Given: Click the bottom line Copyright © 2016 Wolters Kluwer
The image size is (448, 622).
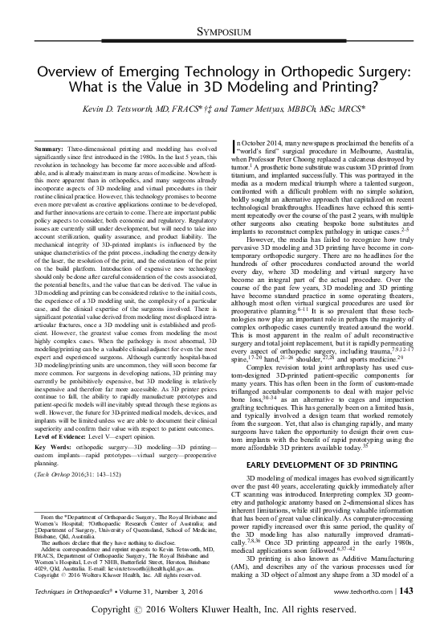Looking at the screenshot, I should click(224, 610).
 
